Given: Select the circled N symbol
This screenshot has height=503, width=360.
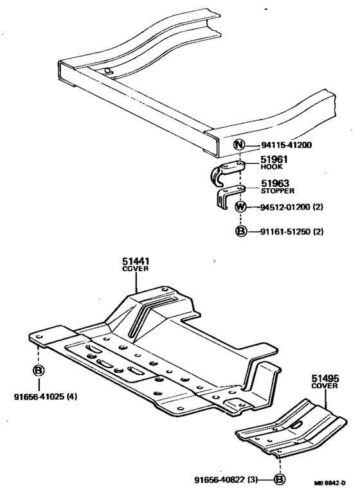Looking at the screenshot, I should pos(239,145).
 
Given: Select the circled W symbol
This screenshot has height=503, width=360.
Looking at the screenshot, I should pos(240,207).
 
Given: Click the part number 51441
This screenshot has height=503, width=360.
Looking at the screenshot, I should pos(136,261).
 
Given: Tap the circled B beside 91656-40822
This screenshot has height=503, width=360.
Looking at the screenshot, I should pos(280,479).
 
